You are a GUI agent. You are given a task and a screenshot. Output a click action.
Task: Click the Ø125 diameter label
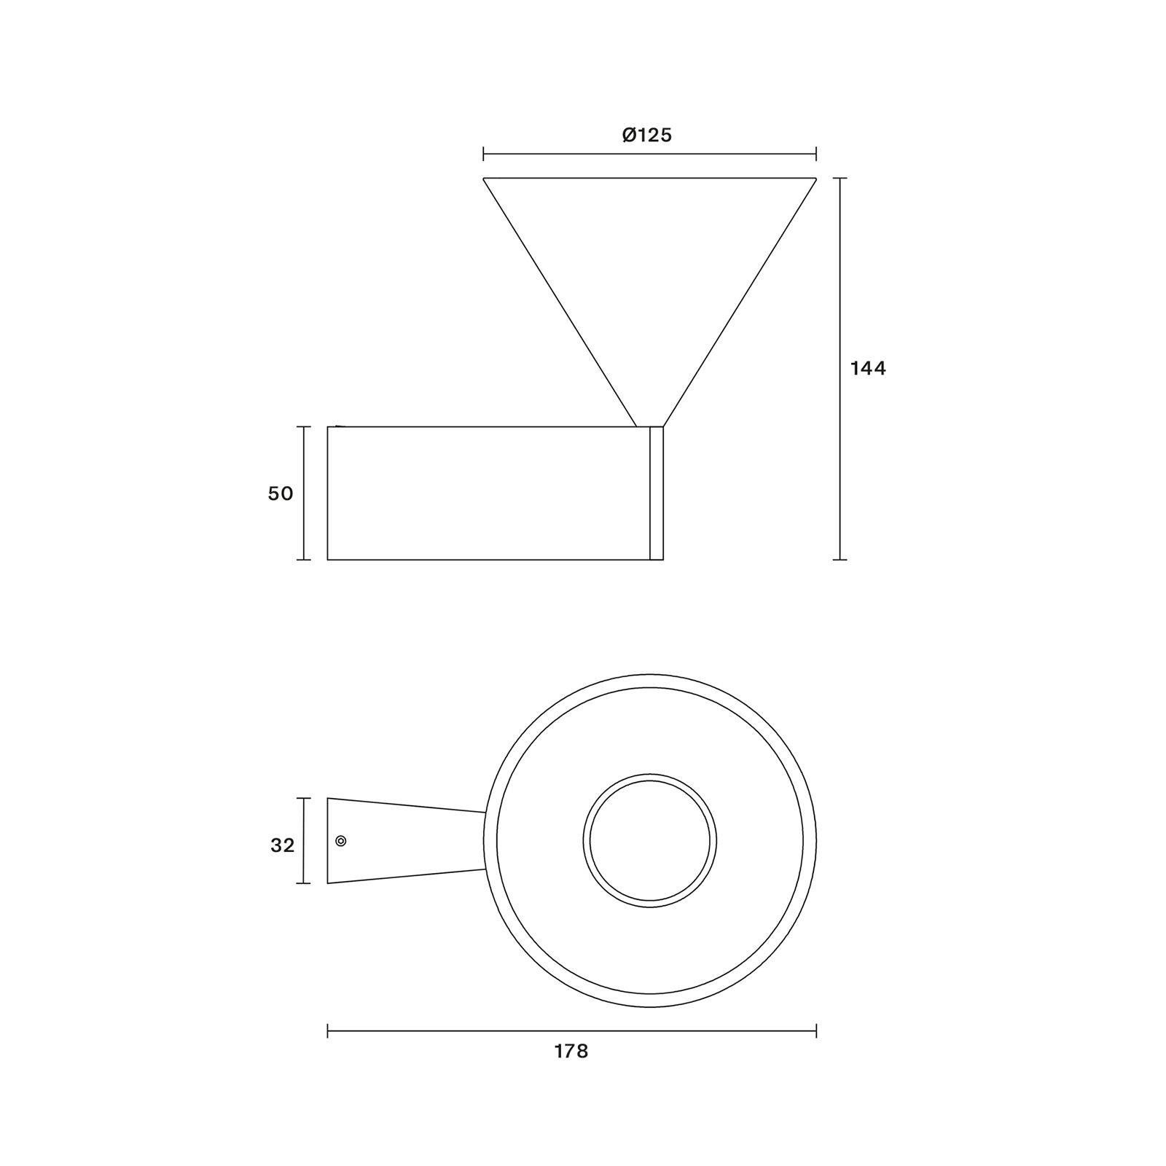(647, 135)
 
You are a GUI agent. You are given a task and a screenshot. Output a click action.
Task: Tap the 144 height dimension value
(868, 369)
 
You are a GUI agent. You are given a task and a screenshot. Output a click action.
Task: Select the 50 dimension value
(281, 493)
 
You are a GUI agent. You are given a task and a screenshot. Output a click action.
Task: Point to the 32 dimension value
(282, 845)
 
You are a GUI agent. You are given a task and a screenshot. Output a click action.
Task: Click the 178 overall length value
(571, 1052)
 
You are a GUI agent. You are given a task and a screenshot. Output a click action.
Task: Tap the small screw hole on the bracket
(340, 841)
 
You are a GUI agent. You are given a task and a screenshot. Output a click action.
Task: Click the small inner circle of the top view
(650, 841)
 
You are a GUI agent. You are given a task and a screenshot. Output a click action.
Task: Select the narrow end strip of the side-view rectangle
(656, 493)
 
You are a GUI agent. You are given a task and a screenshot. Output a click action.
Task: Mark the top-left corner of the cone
(484, 179)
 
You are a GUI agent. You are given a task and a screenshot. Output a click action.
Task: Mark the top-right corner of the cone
(815, 179)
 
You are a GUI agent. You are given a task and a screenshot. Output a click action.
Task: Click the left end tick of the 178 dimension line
(328, 1030)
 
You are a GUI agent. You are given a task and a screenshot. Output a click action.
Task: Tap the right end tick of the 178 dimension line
(816, 1030)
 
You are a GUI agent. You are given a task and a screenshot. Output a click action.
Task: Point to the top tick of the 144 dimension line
(840, 179)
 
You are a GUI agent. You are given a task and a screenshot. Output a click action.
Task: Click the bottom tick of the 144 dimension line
(840, 560)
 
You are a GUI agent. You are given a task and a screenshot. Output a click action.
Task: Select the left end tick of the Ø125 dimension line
(484, 154)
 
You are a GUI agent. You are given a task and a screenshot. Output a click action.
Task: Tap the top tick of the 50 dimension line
(304, 427)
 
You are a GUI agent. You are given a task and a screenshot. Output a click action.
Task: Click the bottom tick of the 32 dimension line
(304, 883)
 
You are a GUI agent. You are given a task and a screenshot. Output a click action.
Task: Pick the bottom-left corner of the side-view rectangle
(328, 560)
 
